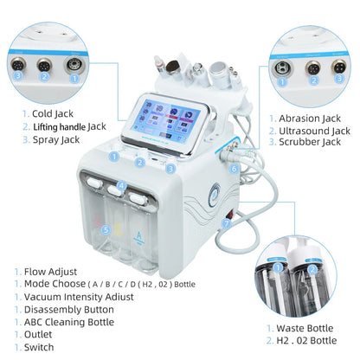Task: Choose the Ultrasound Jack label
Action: pyautogui.click(x=314, y=131)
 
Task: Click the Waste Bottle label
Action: pyautogui.click(x=306, y=328)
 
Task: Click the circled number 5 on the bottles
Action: pyautogui.click(x=106, y=229)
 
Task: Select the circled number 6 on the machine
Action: pyautogui.click(x=235, y=169)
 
